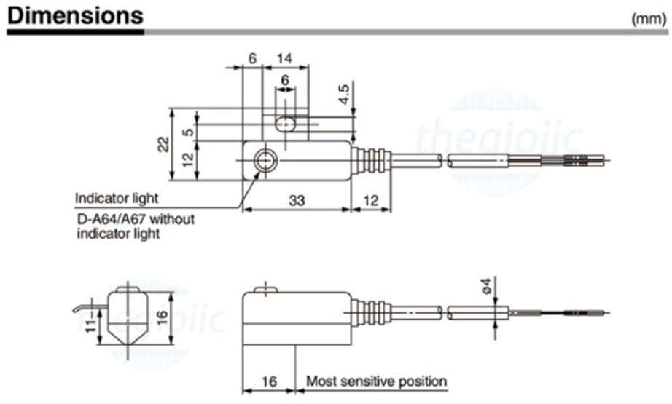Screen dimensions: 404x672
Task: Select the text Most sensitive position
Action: pos(376,381)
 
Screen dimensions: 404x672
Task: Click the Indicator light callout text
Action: pos(117,198)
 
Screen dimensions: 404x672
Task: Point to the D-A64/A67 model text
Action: pos(136,218)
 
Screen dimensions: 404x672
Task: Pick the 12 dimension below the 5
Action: pos(188,159)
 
